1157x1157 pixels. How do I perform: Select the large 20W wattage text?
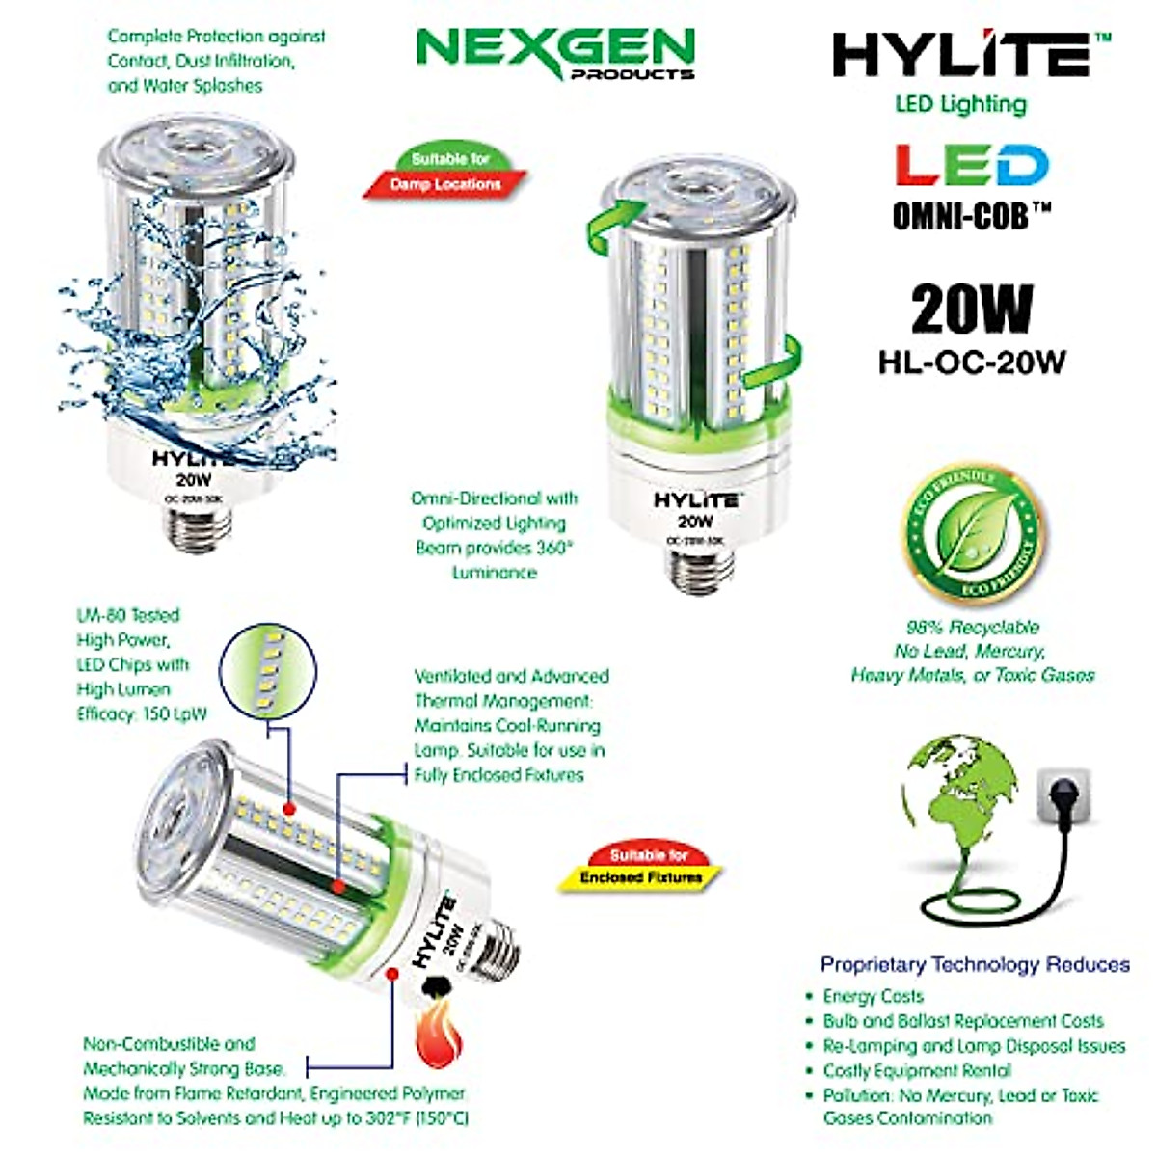971,309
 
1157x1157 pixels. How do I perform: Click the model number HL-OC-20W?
971,362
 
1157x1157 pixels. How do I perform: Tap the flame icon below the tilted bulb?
439,1041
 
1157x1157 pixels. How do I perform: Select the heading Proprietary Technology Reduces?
974,964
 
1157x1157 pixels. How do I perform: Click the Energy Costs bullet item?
873,996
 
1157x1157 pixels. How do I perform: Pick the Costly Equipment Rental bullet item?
916,1070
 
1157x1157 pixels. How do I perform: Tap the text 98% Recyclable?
972,627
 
